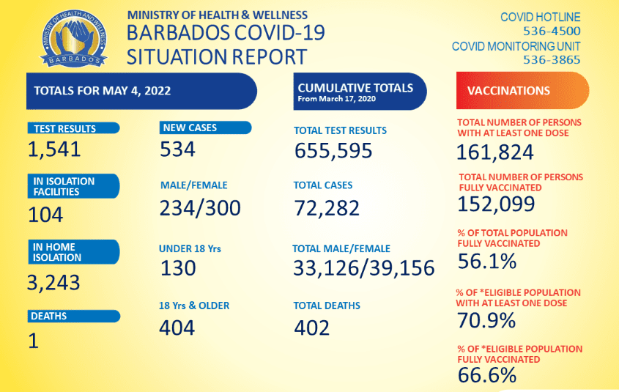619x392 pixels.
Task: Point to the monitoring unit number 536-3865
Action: click(x=552, y=60)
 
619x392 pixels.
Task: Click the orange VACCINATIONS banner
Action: click(x=522, y=91)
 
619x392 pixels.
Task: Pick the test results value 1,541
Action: click(x=54, y=150)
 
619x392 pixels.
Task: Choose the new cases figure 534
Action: click(x=178, y=149)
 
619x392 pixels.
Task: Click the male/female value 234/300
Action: click(x=200, y=208)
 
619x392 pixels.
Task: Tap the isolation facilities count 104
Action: click(x=45, y=215)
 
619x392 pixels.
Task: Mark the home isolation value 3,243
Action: click(x=54, y=282)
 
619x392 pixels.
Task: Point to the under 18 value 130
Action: click(x=178, y=268)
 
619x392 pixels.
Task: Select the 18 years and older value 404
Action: click(x=178, y=327)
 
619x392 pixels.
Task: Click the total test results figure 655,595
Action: click(x=333, y=151)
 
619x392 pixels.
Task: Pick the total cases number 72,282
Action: click(x=327, y=208)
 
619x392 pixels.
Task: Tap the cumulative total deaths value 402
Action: click(x=313, y=328)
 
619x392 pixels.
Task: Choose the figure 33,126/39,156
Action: click(x=364, y=268)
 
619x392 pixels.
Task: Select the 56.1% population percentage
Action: click(x=486, y=262)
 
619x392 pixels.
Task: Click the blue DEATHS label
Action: click(x=73, y=317)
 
